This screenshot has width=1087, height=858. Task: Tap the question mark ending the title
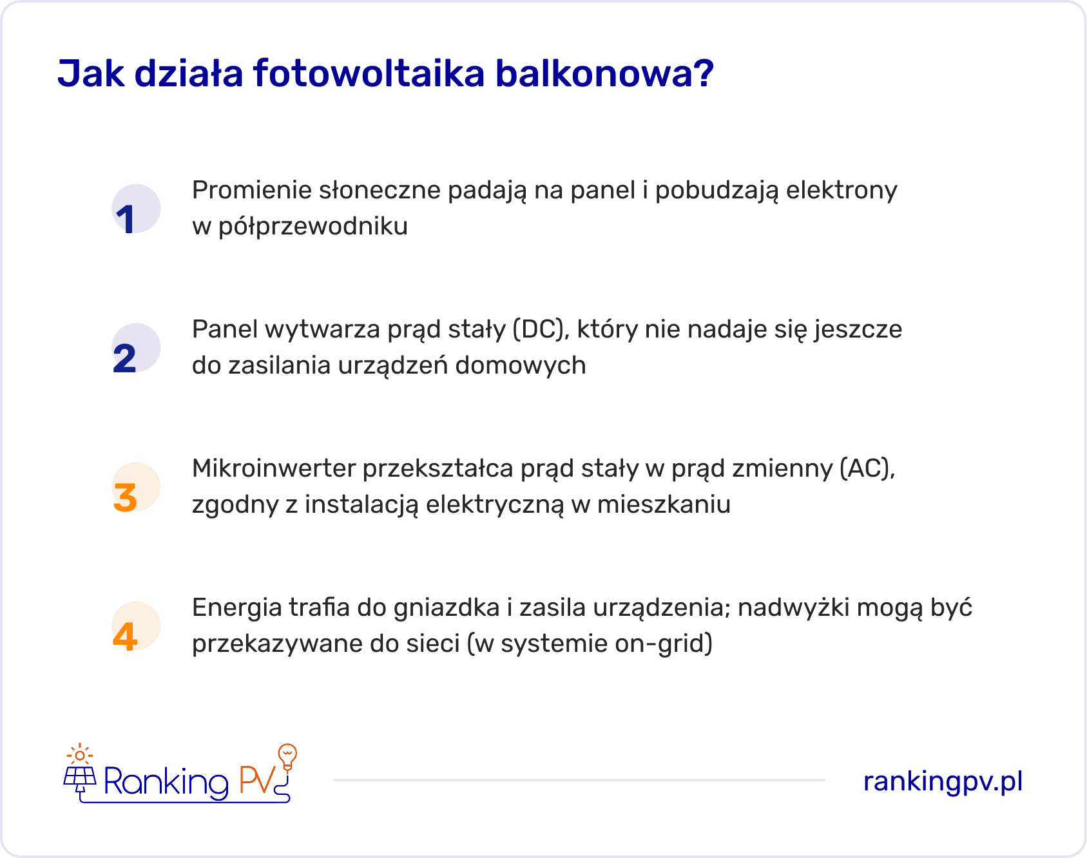[705, 73]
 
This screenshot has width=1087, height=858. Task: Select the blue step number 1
[126, 219]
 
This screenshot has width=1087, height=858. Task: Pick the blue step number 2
[125, 358]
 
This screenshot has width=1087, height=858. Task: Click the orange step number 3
[125, 497]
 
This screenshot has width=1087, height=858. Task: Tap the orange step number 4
[125, 636]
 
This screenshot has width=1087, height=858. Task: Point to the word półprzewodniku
[313, 227]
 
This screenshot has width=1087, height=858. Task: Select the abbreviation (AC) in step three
[867, 468]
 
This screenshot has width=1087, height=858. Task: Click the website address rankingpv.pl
[943, 781]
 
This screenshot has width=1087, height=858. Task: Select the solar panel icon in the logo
[80, 778]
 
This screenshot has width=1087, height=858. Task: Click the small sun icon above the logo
[80, 754]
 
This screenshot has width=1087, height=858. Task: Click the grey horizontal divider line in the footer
[579, 780]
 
